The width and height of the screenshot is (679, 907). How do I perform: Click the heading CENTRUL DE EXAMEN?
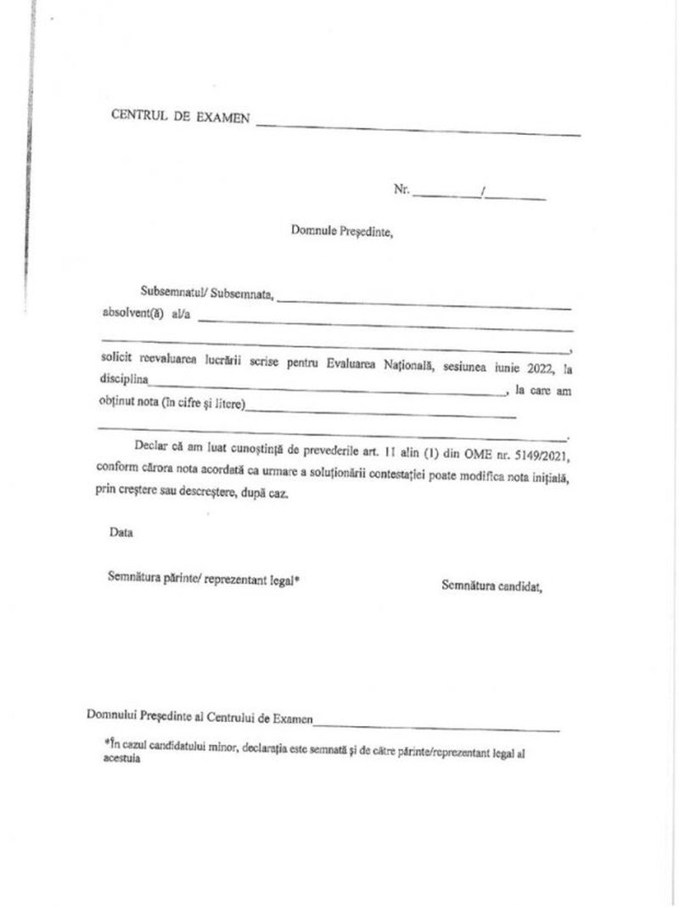point(180,117)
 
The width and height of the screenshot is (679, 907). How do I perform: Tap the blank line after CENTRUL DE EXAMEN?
point(418,129)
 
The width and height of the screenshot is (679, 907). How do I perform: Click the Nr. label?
point(401,189)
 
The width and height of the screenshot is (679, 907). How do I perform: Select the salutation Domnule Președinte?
point(341,230)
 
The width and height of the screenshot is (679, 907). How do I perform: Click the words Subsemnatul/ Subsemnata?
point(207,294)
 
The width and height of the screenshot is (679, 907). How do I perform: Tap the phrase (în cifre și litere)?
point(204,405)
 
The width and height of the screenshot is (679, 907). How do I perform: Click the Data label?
point(121,533)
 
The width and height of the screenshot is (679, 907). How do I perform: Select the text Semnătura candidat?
point(491,585)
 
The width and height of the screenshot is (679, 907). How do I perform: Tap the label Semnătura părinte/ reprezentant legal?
point(204,579)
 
